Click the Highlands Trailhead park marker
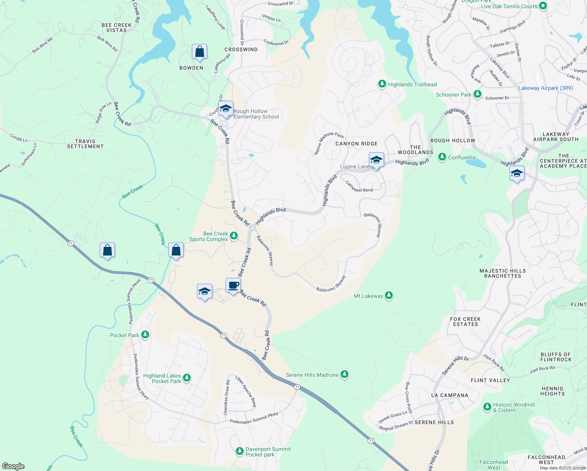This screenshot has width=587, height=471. click(382, 84)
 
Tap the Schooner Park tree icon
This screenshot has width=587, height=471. click(477, 94)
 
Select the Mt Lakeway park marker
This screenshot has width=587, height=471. click(388, 296)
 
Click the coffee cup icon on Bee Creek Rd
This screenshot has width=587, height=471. click(233, 285)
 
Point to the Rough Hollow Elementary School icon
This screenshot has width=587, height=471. click(226, 109)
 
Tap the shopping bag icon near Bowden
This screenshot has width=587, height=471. click(199, 52)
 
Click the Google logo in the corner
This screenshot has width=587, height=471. click(13, 466)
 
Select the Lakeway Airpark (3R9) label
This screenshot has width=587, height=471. click(545, 88)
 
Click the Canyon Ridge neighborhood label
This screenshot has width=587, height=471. click(356, 144)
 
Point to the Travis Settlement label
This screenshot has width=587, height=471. click(85, 144)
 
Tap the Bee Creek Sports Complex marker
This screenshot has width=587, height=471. click(234, 236)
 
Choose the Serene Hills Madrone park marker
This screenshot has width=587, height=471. click(344, 374)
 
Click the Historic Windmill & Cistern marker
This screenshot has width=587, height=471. click(487, 407)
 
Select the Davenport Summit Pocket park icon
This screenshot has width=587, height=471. click(240, 451)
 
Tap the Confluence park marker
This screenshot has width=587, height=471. click(442, 157)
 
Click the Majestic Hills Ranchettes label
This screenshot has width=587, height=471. click(503, 273)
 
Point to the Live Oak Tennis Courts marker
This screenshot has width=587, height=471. click(543, 6)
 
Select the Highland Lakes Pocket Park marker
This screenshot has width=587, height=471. click(187, 378)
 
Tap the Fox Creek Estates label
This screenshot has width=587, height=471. click(465, 321)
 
